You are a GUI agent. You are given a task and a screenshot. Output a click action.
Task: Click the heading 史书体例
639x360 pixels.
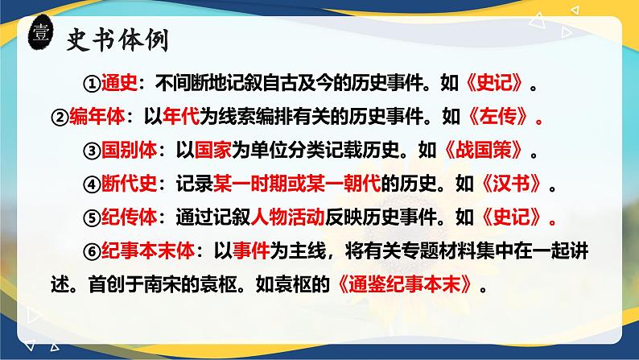tap(122, 37)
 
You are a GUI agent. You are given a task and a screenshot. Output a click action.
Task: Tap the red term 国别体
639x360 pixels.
tap(128, 151)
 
